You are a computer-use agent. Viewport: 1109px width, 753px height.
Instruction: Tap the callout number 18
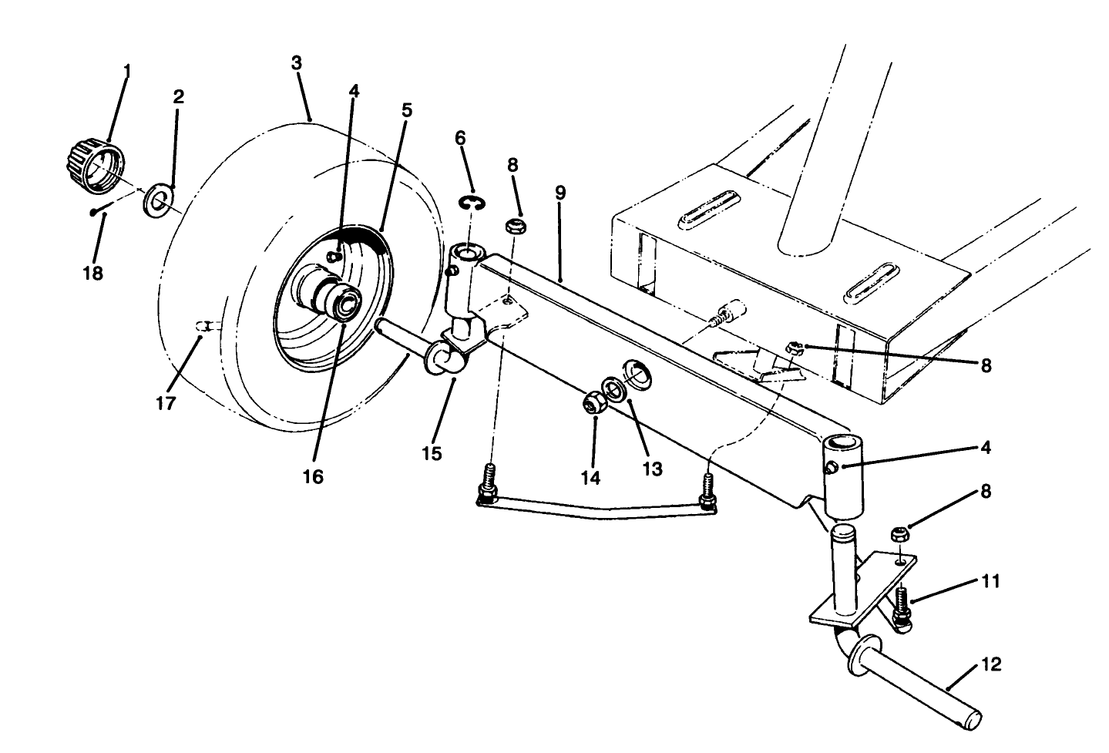point(92,274)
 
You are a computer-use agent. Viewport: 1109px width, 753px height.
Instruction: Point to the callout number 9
point(560,193)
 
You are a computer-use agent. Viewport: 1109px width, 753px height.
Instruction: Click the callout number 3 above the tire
point(297,63)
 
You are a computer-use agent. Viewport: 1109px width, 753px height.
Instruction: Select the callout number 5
point(407,110)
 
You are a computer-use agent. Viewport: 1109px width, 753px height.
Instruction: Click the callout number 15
point(432,453)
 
